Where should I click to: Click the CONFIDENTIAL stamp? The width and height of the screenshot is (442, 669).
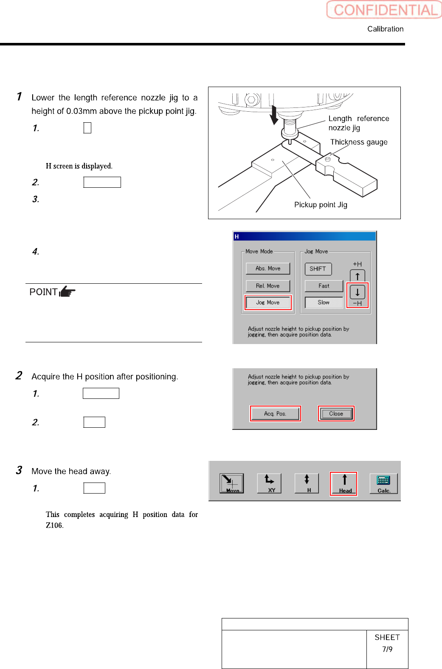pos(384,10)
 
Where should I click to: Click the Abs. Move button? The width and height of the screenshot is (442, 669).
pos(268,268)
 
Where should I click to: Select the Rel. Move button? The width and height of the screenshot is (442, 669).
pos(268,286)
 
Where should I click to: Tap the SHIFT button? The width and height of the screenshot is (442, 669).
pos(318,269)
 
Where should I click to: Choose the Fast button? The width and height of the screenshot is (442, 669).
pos(324,286)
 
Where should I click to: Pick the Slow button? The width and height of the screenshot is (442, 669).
pos(324,302)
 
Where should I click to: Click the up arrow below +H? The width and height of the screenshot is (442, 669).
pos(358,277)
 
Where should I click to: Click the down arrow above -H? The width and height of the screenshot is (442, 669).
pos(358,292)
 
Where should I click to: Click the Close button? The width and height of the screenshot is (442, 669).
pos(336,414)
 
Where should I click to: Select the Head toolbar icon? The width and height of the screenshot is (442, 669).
pos(344,483)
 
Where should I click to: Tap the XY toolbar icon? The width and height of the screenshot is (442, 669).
pos(269,483)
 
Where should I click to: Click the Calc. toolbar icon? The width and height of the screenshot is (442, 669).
pos(383,483)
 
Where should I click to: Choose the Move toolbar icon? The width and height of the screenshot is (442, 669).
pos(232,483)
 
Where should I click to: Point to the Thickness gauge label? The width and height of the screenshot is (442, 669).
pos(359,142)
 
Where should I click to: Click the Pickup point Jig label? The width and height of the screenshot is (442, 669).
pos(321,205)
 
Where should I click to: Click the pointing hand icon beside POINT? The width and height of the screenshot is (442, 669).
pos(67,292)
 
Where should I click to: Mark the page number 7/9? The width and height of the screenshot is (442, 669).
pos(387,649)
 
